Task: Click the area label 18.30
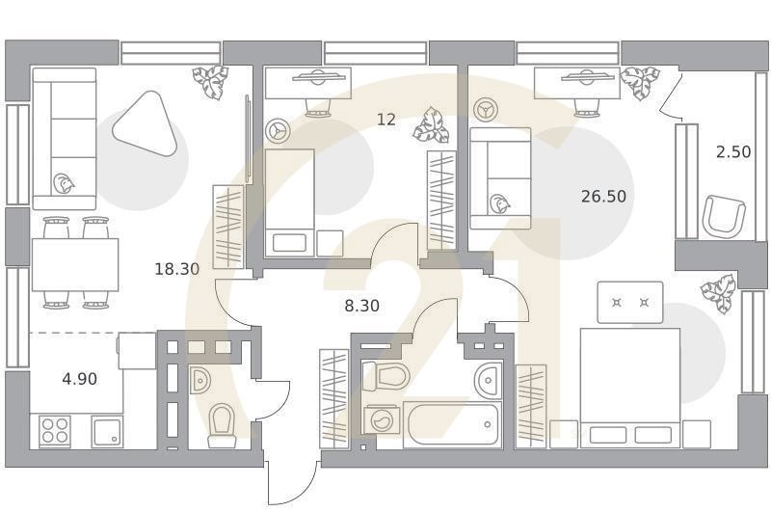pos(176,269)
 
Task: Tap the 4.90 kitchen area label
pos(79,379)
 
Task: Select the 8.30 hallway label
pos(362,306)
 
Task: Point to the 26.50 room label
pos(603,196)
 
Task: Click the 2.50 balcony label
pos(732,151)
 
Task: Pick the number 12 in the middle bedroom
pos(385,120)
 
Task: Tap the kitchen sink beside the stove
pos(107,432)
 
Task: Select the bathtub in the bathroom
pos(451,424)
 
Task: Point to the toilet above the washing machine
pos(392,376)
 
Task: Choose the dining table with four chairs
pos(75,264)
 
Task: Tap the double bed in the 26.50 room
pos(629,386)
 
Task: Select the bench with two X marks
pos(629,303)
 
